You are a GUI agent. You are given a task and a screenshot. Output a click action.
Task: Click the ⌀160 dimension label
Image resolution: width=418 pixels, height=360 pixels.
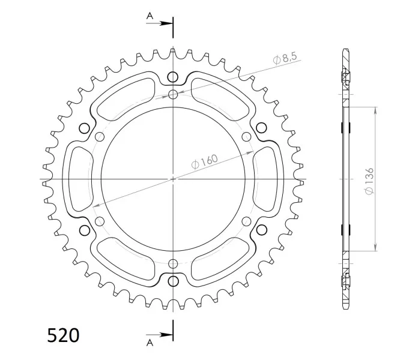pyautogui.click(x=205, y=161)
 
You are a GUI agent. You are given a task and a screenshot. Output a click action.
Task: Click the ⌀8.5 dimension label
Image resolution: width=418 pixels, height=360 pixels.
pyautogui.click(x=285, y=58)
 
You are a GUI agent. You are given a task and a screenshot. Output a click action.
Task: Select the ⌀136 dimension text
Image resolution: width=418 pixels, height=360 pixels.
pyautogui.click(x=369, y=181)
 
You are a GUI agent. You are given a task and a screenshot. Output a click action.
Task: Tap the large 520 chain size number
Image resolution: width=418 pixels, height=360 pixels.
pyautogui.click(x=63, y=335)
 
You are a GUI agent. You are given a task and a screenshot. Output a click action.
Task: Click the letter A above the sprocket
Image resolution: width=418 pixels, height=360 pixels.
pyautogui.click(x=150, y=16)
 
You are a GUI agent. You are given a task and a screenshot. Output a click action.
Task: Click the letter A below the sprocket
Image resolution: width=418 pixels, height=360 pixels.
pyautogui.click(x=150, y=343)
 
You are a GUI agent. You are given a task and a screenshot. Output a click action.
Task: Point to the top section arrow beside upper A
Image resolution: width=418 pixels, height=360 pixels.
pyautogui.click(x=159, y=23)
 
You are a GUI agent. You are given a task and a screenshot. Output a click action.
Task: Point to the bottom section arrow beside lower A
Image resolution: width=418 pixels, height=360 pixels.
pyautogui.click(x=159, y=335)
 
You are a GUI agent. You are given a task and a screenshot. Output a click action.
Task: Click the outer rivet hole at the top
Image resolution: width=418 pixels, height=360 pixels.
pyautogui.click(x=173, y=77)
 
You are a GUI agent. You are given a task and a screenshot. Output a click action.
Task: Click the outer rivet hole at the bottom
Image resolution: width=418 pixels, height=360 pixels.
pyautogui.click(x=174, y=281)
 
